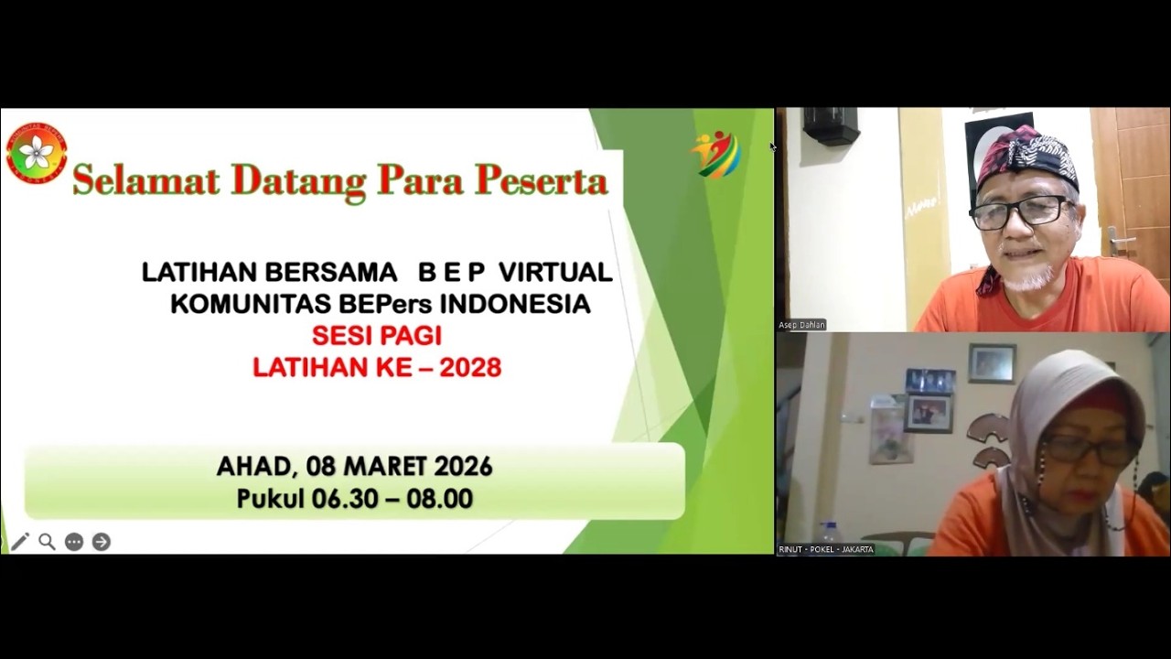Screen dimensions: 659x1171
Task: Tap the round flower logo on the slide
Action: pos(37,153)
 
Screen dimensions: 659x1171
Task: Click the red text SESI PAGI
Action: pos(376,335)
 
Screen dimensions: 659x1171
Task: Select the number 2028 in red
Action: pos(470,368)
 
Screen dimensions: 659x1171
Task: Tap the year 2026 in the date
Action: pos(463,467)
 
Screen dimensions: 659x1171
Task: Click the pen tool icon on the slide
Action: pos(20,542)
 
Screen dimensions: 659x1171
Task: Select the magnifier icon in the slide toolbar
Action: pos(47,542)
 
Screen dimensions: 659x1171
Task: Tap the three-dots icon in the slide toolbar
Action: pos(74,542)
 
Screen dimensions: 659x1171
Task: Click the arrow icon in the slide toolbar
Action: pos(102,542)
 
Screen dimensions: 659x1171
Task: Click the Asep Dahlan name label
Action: pos(802,325)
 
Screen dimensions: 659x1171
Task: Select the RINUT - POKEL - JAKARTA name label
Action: pos(826,549)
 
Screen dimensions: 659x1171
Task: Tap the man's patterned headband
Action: pos(1025,153)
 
